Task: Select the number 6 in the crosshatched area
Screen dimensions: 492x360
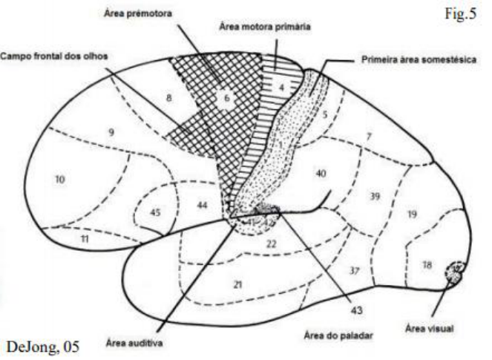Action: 229,96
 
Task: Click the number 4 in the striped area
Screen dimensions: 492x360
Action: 282,86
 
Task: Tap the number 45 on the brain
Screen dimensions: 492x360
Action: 156,211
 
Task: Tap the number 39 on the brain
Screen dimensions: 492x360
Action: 375,196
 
